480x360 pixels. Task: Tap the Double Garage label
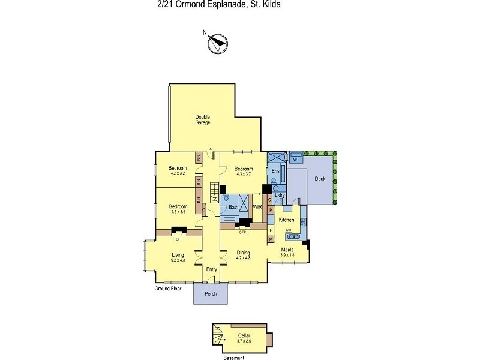point(202,119)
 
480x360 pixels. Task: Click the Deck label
point(320,178)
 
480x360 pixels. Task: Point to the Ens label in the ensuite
point(275,171)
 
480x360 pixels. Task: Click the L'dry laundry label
point(279,196)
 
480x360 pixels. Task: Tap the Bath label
point(233,208)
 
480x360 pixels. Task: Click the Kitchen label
point(286,220)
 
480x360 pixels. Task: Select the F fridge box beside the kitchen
point(271,229)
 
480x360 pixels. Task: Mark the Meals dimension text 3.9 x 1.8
point(288,256)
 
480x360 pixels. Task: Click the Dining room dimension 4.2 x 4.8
point(243,258)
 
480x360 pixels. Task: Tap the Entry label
point(211,269)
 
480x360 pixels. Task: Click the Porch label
point(211,294)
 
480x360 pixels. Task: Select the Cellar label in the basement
point(244,335)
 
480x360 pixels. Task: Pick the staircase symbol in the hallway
point(215,191)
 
